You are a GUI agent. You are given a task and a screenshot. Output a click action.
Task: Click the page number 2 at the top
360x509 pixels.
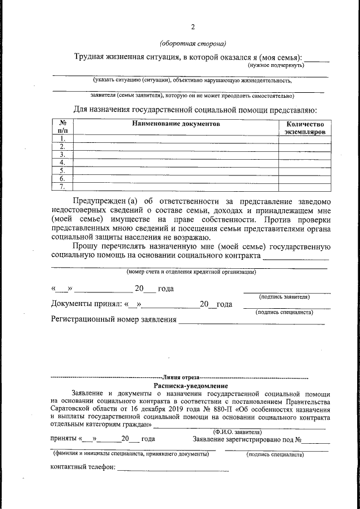[x=192, y=27]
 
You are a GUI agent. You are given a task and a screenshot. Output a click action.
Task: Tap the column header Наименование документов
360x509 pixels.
[x=176, y=124]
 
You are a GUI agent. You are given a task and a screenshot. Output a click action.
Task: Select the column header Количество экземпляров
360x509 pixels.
[x=305, y=128]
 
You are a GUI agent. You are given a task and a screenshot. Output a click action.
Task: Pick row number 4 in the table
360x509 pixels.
[x=62, y=163]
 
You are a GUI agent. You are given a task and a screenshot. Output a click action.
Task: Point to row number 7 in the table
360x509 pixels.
[x=62, y=186]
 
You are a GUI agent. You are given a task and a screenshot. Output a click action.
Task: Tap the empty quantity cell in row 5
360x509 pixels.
[x=305, y=170]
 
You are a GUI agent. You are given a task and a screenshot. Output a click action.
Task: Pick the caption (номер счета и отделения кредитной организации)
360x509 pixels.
[x=191, y=272]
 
